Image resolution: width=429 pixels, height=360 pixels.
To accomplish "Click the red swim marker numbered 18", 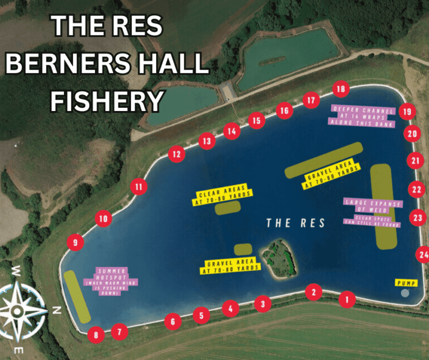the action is [341, 89].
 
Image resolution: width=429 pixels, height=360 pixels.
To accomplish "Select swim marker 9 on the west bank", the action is [75, 243].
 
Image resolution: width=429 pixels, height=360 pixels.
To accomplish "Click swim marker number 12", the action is [176, 155].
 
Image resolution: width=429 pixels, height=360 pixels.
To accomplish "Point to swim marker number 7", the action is [120, 332].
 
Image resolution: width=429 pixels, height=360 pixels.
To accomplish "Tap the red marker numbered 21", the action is [416, 160].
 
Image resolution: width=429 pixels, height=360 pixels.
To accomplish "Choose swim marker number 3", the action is [262, 304].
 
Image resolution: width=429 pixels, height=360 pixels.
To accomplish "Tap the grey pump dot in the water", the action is [404, 293].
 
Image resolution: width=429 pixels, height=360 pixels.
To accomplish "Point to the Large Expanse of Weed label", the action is [373, 205].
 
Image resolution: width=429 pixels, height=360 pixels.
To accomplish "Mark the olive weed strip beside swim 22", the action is [382, 207].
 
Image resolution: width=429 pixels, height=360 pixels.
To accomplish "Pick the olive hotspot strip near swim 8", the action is [77, 297].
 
